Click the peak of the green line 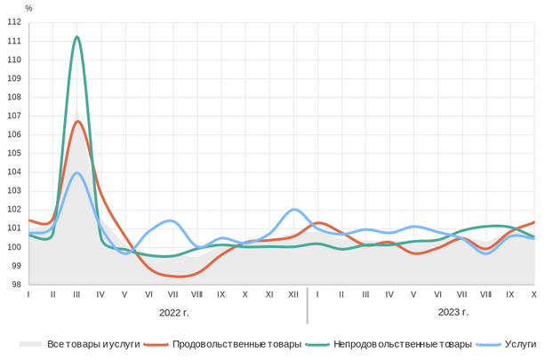coord(77,36)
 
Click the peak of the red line coord(78,121)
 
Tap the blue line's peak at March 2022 coord(78,172)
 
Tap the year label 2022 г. coord(174,312)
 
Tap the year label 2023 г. coord(453,312)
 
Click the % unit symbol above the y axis coord(28,8)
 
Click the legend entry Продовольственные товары coord(236,344)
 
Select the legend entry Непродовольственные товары coord(403,344)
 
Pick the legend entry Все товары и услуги coord(93,344)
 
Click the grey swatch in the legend coord(31,344)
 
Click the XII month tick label coord(293,293)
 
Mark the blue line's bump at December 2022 coord(295,210)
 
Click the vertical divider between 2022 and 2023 coord(307,305)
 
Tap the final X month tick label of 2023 coord(533,293)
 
